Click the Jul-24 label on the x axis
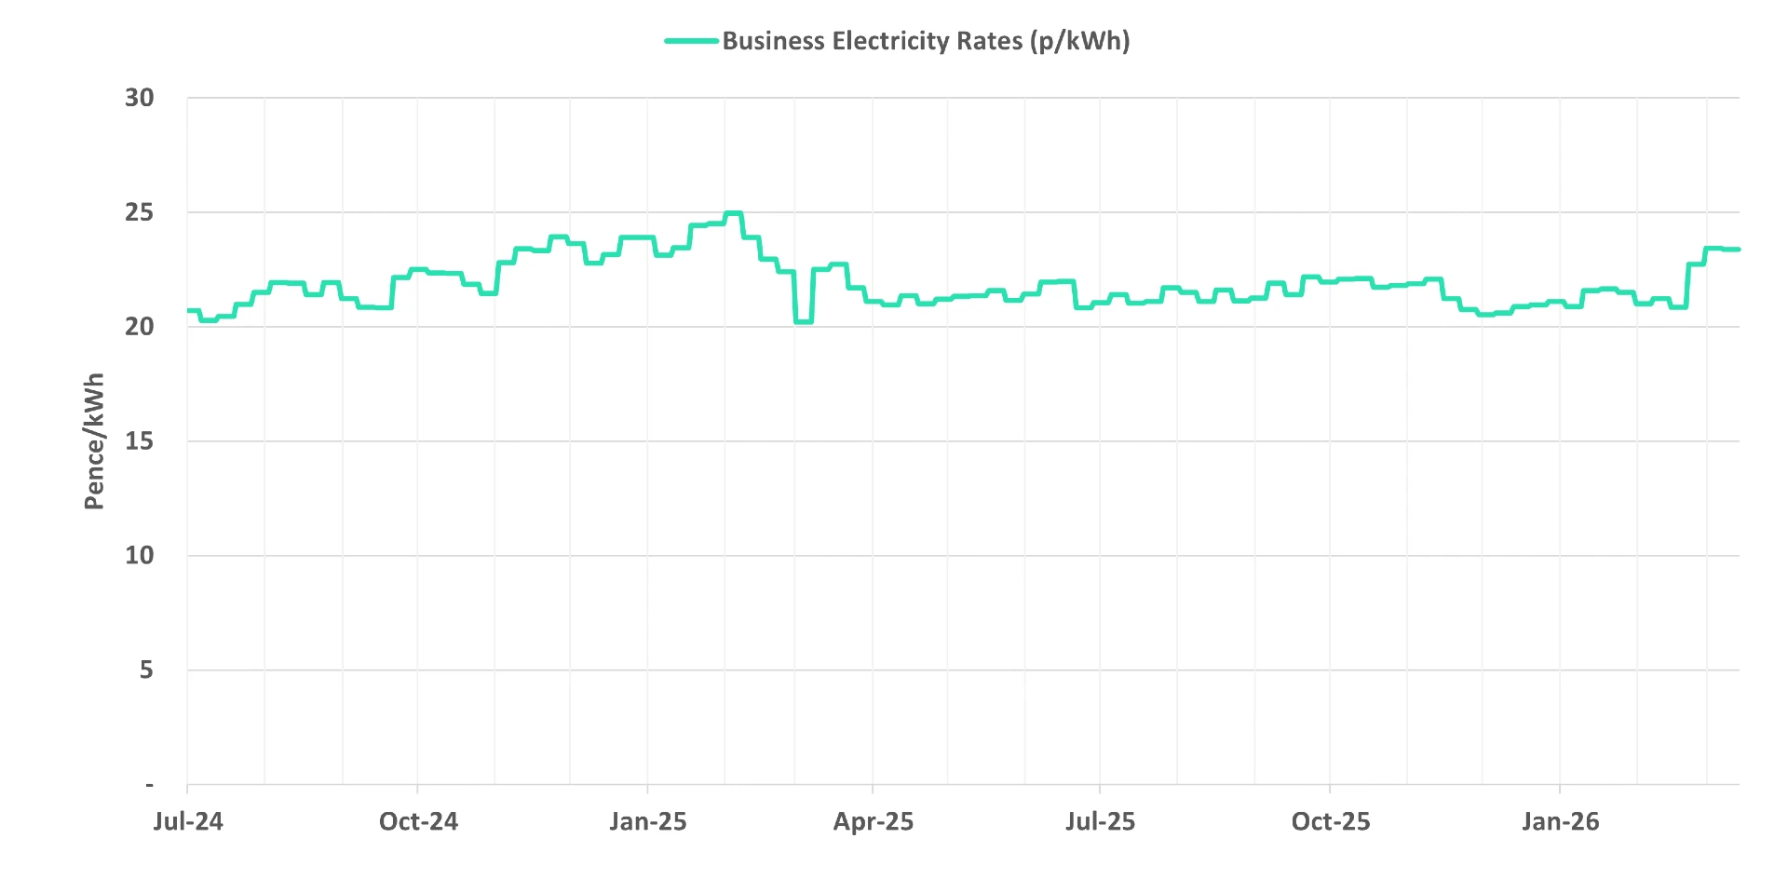click(x=188, y=821)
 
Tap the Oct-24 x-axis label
click(x=418, y=821)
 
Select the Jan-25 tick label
click(x=648, y=821)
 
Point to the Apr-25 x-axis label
click(x=874, y=821)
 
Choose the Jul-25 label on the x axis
click(x=1101, y=821)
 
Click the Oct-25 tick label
click(x=1331, y=821)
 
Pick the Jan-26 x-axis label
click(x=1561, y=821)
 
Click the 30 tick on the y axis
click(x=140, y=98)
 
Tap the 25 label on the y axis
click(x=140, y=212)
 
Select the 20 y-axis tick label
click(x=140, y=327)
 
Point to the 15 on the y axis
click(x=140, y=441)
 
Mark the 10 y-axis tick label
click(x=140, y=556)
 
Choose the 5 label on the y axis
click(x=146, y=670)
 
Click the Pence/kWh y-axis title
click(x=94, y=441)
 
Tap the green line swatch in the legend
click(x=691, y=41)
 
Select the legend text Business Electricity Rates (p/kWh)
click(x=926, y=41)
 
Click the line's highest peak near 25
click(x=734, y=213)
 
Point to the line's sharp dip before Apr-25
click(x=804, y=321)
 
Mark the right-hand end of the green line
click(x=1738, y=250)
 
